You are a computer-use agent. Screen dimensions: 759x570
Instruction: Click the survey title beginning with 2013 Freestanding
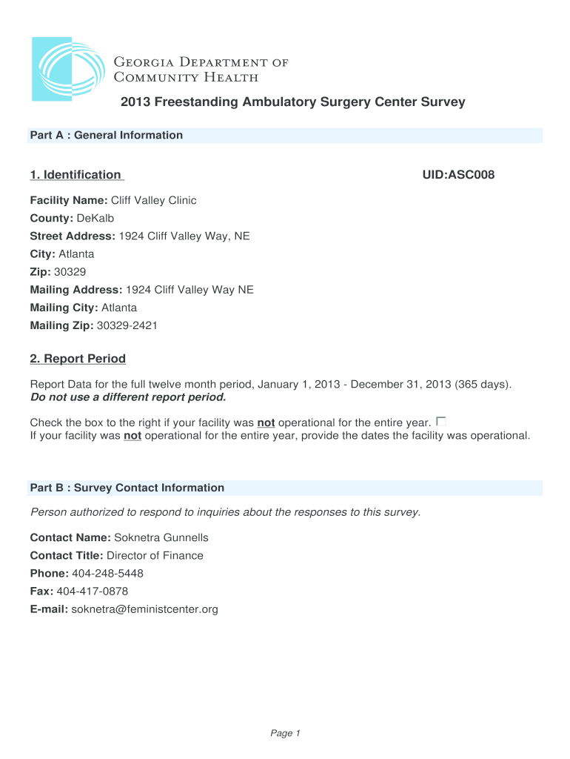[x=293, y=102]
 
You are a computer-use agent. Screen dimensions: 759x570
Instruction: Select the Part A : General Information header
[x=106, y=135]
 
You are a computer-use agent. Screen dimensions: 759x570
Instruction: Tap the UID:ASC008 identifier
[x=458, y=175]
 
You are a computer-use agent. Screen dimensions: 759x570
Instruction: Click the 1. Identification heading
[x=76, y=175]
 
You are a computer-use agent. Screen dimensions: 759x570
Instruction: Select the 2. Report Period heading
[x=78, y=359]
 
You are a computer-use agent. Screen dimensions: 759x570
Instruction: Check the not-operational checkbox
[x=441, y=421]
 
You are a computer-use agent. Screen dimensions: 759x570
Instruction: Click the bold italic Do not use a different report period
[x=127, y=397]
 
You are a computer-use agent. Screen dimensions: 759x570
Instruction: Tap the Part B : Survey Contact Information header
[x=127, y=488]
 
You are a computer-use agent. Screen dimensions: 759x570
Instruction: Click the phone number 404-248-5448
[x=108, y=573]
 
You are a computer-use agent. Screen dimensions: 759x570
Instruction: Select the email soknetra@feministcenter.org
[x=144, y=609]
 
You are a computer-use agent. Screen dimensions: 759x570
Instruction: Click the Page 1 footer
[x=285, y=733]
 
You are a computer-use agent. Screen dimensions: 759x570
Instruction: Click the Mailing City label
[x=64, y=307]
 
